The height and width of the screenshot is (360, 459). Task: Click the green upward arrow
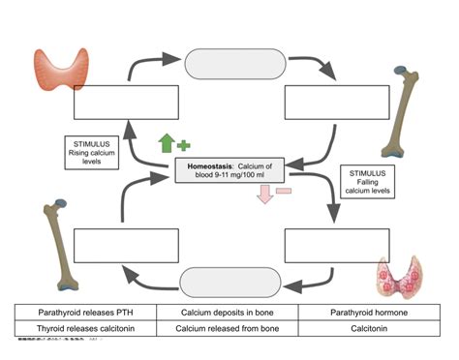coord(167,143)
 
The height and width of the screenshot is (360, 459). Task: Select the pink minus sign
coord(284,192)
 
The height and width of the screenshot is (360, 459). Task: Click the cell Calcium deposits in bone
coord(229,313)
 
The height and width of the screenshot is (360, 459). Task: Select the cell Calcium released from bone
coord(229,329)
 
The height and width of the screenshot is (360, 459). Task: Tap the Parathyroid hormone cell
coord(374,313)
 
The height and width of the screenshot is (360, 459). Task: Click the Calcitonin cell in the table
coord(374,329)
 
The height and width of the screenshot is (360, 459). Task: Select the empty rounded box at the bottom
coord(229,283)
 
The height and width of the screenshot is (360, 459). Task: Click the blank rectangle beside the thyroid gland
coord(127,102)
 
